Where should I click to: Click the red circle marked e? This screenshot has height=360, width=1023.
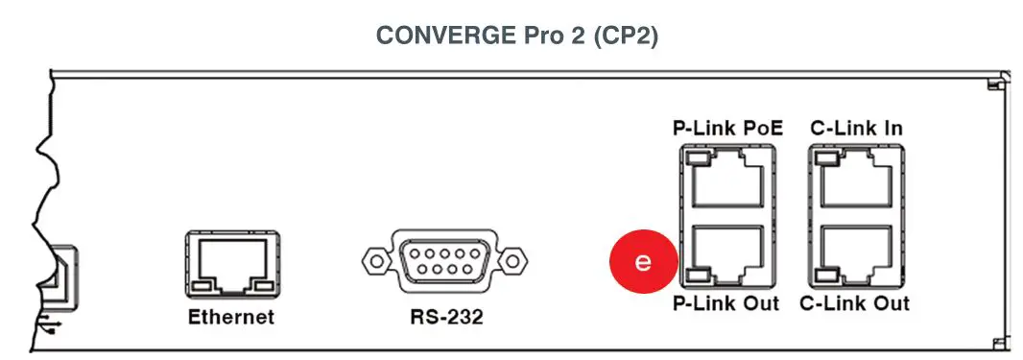[644, 261]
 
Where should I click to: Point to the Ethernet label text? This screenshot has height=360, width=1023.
[230, 318]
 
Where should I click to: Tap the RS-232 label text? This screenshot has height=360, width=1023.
[440, 318]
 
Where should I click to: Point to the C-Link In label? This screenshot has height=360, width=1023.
[856, 128]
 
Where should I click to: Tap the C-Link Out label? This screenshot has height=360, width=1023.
[856, 304]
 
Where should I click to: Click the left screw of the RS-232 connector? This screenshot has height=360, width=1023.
[375, 260]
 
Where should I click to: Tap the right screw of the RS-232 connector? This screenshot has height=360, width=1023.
[514, 260]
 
